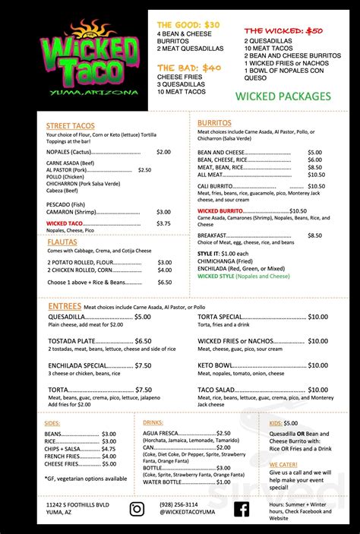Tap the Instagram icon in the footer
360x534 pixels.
pos(137,508)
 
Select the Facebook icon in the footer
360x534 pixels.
pos(242,508)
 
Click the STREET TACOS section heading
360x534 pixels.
pos(71,125)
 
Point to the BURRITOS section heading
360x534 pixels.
pos(214,122)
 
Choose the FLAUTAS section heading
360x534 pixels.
pos(62,242)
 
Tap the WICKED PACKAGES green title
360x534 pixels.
pos(283,96)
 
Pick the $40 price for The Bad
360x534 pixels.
pos(210,68)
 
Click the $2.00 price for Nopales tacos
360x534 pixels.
pos(163,152)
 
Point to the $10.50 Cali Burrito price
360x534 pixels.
pos(316,186)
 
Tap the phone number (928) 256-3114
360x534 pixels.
pos(178,504)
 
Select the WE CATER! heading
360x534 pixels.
pos(283,463)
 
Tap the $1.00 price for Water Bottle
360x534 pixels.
pos(217,482)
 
